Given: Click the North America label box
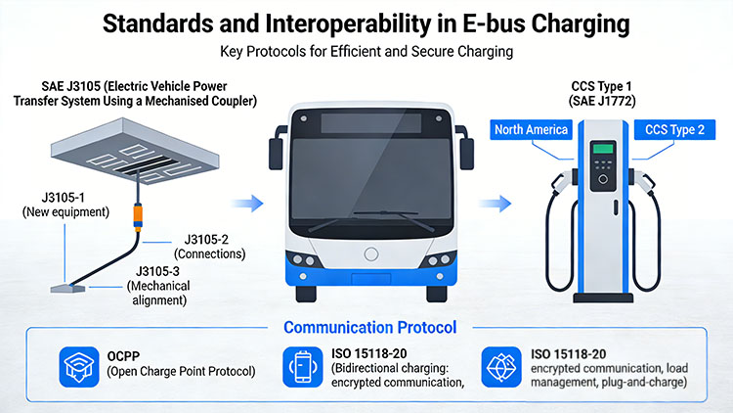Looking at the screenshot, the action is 531,130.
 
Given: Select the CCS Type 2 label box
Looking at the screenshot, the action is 674,130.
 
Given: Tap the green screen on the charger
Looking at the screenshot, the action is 603,149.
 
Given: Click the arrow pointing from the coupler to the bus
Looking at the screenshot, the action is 248,204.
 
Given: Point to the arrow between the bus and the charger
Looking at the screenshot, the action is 496,204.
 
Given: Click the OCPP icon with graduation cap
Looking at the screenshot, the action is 79,367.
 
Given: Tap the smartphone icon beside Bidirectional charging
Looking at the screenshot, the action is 302,367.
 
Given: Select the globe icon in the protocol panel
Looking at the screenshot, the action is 501,367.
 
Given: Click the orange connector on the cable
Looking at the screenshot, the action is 138,217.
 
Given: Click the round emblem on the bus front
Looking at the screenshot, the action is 371,254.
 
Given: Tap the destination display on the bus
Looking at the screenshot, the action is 371,122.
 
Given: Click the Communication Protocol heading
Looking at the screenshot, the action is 369,327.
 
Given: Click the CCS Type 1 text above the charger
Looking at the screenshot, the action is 601,87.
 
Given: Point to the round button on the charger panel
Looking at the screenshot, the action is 603,179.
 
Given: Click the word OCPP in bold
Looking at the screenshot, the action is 123,356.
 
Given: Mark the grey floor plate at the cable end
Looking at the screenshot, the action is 67,289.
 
